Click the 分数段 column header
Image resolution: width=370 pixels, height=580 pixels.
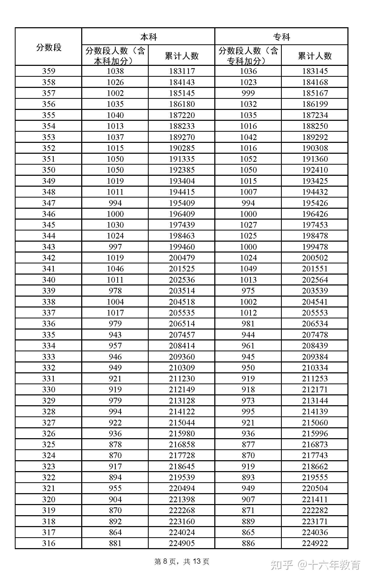(x=49, y=47)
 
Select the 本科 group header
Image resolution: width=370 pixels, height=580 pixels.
(x=148, y=37)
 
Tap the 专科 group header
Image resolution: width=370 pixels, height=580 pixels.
(x=282, y=37)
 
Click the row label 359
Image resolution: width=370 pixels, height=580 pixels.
(x=49, y=71)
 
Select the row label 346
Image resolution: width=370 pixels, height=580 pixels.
(x=49, y=214)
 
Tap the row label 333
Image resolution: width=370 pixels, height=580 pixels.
(x=49, y=357)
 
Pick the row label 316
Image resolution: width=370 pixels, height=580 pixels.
(x=49, y=543)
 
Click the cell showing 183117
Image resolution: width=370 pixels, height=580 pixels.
(x=182, y=71)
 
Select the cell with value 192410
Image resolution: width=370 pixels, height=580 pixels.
(x=315, y=170)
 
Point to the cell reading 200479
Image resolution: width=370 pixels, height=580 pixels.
(x=182, y=258)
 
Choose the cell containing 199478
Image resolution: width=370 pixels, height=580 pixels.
(x=315, y=247)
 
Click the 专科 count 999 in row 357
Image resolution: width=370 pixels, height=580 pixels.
(x=248, y=93)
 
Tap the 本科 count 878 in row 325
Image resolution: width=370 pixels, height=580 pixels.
(x=115, y=445)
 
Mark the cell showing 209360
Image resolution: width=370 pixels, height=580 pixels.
(x=182, y=357)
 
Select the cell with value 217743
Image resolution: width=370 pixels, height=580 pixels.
(x=315, y=456)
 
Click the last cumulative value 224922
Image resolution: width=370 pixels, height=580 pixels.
(x=315, y=543)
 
